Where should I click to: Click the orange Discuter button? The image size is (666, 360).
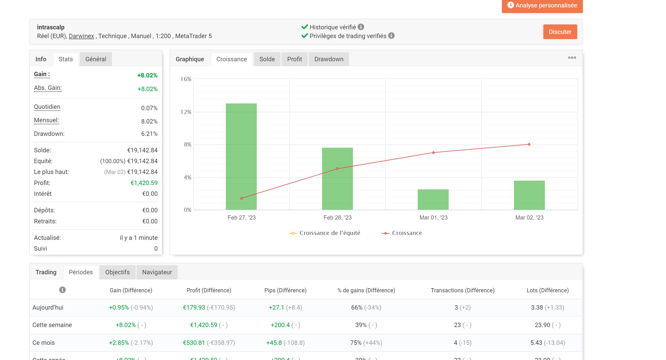coord(560,32)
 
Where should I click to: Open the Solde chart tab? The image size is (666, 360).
coord(267,59)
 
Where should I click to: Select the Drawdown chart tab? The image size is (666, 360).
coord(328,59)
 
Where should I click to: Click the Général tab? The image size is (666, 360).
coord(96,59)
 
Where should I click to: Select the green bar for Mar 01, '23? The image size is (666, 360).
coord(433,200)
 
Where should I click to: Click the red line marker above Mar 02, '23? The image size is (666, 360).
coord(529,144)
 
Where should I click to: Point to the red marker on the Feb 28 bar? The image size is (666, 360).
coord(337,169)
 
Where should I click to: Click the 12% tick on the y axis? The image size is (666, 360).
coord(186,112)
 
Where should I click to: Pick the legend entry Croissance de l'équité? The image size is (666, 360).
coord(329,233)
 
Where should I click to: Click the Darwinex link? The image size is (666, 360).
coord(81,36)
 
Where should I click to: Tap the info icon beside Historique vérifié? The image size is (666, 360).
coord(361,27)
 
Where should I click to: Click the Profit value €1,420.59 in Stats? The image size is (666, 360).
coord(144,183)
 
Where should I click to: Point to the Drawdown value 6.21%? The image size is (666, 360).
coord(149,134)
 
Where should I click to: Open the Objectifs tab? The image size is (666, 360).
coord(117,272)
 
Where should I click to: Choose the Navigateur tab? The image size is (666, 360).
coord(157,272)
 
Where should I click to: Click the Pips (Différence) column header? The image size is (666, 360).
coord(285,290)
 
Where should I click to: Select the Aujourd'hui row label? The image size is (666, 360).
coord(48,308)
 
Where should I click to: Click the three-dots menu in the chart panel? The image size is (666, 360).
coord(572,58)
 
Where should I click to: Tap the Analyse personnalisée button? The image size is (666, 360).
coord(542,5)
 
